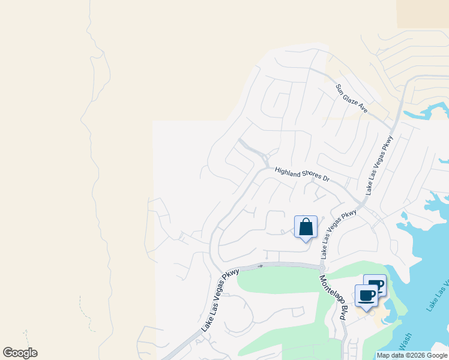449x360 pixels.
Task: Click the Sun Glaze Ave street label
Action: point(352,99)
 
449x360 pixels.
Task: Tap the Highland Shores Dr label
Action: point(303,175)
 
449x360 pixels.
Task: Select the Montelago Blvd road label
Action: point(333,298)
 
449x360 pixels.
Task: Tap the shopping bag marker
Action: point(306,227)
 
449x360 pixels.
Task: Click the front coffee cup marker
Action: point(366,295)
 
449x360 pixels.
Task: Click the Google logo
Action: point(20,353)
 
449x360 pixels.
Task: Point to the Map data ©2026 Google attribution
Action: point(412,355)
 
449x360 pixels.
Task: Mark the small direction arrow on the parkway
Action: point(261,265)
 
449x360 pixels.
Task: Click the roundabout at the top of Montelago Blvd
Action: point(322,267)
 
